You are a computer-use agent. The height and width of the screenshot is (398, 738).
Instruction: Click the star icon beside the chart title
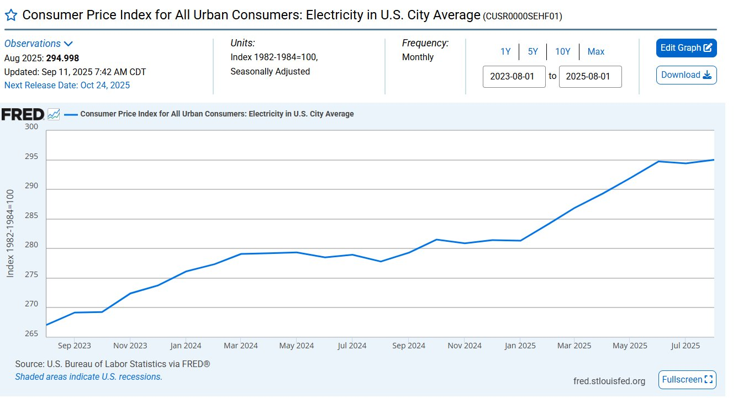click(x=11, y=15)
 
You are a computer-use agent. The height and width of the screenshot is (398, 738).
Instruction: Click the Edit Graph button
click(x=686, y=48)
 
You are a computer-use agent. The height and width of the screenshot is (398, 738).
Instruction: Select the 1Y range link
click(x=505, y=52)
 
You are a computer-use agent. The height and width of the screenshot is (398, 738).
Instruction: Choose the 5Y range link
click(x=533, y=52)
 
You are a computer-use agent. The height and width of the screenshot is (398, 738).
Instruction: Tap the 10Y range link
click(x=562, y=52)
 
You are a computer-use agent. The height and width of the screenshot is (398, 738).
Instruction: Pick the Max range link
click(x=595, y=52)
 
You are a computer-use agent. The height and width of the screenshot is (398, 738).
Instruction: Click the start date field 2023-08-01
click(x=514, y=77)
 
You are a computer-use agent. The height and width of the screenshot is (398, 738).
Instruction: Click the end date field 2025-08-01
click(x=590, y=77)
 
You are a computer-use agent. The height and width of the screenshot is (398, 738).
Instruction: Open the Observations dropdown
click(x=39, y=44)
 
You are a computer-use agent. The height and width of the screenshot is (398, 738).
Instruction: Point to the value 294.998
click(x=63, y=58)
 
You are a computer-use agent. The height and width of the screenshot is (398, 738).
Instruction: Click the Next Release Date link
click(x=67, y=85)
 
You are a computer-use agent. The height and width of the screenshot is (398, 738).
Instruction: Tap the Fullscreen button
click(x=687, y=380)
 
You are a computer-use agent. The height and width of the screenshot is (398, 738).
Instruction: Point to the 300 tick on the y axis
click(x=31, y=127)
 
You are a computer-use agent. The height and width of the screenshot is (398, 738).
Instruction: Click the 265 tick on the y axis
click(x=31, y=334)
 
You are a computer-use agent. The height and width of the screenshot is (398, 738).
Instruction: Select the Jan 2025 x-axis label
click(x=519, y=346)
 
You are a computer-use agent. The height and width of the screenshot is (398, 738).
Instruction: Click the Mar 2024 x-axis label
click(x=241, y=346)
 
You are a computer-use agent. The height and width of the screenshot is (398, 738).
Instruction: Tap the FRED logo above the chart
click(x=23, y=114)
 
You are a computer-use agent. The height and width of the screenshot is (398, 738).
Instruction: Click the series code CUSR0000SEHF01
click(x=522, y=17)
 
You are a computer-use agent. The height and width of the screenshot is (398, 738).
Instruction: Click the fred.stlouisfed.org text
click(x=609, y=381)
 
